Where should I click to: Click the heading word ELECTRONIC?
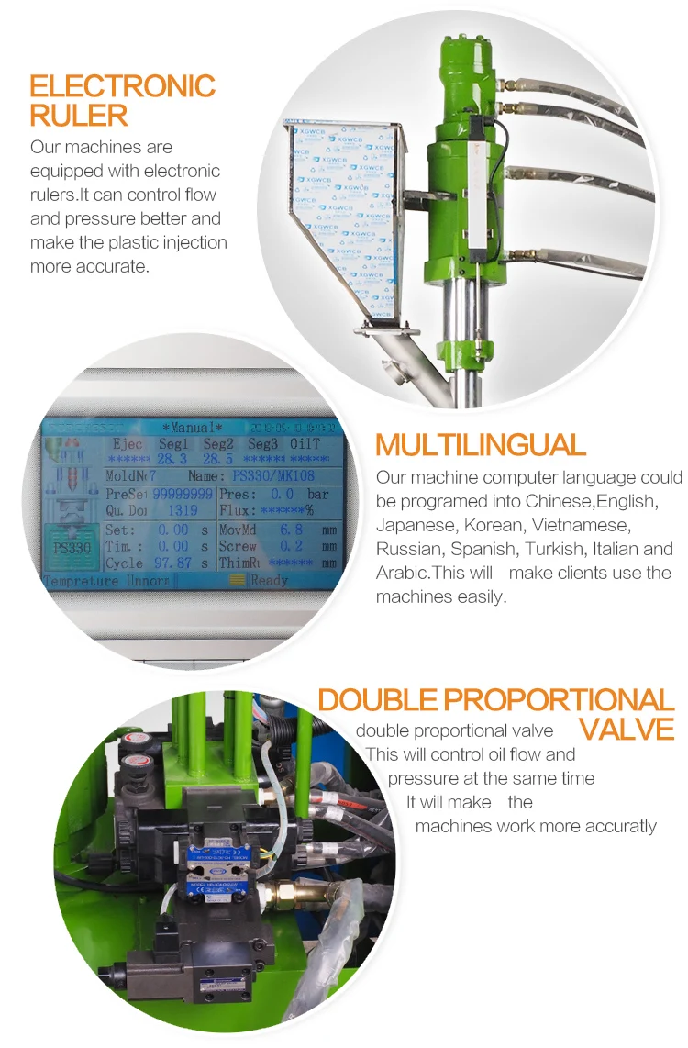tap(122, 86)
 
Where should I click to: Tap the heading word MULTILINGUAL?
tap(480, 445)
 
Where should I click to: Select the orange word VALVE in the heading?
tap(627, 730)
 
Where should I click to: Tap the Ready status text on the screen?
tap(269, 580)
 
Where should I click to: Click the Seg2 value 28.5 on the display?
tap(217, 458)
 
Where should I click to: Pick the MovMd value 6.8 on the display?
tap(290, 530)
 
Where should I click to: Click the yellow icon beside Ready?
tap(238, 580)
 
